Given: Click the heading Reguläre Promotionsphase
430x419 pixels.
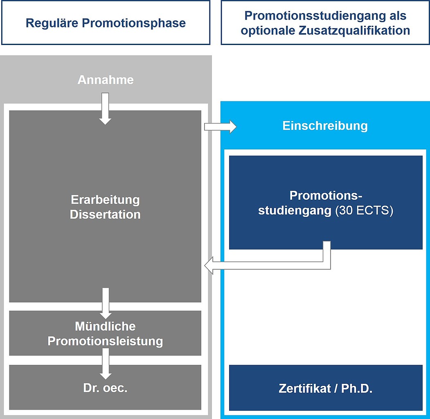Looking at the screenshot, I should [x=106, y=23].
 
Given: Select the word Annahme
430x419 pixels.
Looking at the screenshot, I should [x=106, y=79].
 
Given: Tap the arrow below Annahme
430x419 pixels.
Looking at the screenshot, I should [x=106, y=109].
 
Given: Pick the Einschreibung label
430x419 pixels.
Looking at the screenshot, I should [x=325, y=126].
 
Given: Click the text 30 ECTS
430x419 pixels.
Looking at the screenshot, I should [x=364, y=212].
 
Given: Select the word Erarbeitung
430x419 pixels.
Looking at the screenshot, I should [x=106, y=200].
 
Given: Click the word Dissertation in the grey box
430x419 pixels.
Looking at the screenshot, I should [x=106, y=214].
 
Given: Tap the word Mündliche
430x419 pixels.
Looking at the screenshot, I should [x=106, y=327].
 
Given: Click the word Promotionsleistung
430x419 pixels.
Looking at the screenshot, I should [x=106, y=341].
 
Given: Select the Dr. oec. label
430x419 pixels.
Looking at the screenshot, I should [x=106, y=388].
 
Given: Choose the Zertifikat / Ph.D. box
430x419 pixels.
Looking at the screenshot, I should [x=325, y=388].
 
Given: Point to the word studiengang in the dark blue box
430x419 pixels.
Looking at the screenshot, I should [x=294, y=212].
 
